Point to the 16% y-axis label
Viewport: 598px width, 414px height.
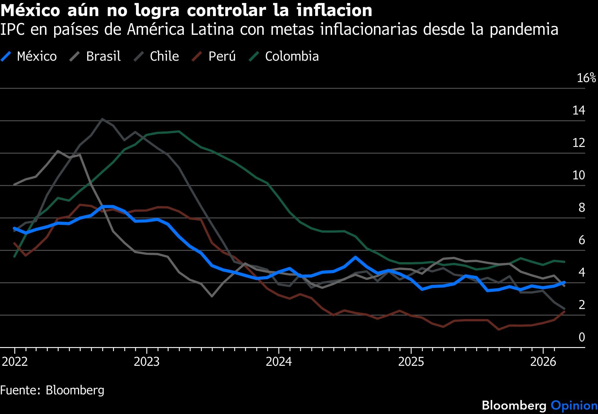pos(586,78)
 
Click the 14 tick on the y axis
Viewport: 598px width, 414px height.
pos(579,110)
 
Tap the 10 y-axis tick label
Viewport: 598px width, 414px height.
pos(579,175)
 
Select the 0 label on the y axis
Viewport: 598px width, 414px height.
pos(582,337)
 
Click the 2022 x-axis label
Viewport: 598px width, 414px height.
pos(15,362)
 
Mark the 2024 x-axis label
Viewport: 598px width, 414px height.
pos(279,362)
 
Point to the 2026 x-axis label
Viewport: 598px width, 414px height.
pos(543,362)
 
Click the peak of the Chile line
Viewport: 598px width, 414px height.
pos(102,119)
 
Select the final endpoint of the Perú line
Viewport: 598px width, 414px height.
pos(564,311)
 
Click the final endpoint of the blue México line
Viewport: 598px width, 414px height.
pos(564,282)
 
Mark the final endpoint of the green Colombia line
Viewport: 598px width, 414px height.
pos(564,262)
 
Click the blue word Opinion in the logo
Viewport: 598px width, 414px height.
pos(574,405)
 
